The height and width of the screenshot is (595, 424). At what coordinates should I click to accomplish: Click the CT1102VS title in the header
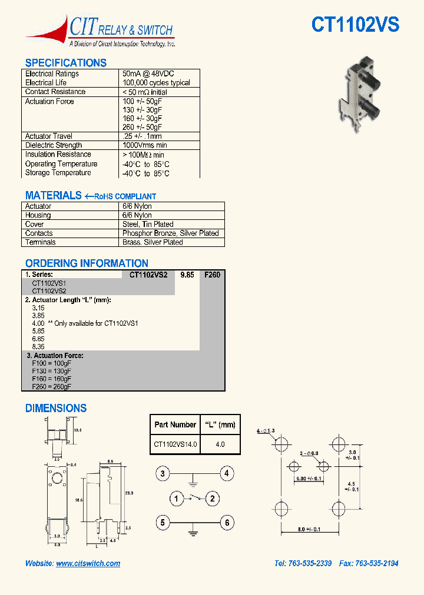pos(355,24)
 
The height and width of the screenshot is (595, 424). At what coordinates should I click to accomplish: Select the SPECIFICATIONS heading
pos(65,63)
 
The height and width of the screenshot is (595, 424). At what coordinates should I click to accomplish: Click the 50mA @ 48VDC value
pos(148,74)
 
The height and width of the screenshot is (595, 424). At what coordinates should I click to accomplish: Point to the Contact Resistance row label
pos(55,92)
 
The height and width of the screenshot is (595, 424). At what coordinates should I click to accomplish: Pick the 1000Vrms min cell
pos(144,145)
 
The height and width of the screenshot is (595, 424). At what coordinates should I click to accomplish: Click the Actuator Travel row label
pos(49,136)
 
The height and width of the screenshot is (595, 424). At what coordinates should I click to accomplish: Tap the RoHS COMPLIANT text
pos(125,196)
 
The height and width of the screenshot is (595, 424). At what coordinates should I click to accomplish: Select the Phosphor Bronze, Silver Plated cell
pos(170,233)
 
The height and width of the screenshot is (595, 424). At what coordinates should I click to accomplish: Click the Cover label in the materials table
pos(35,224)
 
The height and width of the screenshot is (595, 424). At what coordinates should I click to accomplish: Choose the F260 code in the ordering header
pos(211,275)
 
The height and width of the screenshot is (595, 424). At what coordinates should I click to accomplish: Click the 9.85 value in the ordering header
pos(187,275)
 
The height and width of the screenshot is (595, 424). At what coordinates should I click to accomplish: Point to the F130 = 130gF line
pos(51,371)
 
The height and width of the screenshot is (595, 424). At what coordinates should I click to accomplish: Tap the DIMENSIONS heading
pos(56,408)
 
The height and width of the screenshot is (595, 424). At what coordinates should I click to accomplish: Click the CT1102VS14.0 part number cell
pos(175,444)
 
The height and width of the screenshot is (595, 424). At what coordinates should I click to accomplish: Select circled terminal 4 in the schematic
pos(227,473)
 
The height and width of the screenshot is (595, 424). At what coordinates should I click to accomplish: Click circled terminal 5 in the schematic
pos(164,522)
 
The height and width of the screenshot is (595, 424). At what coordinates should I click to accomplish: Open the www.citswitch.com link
pos(88,563)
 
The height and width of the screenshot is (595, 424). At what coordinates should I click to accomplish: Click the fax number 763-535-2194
pos(376,563)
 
